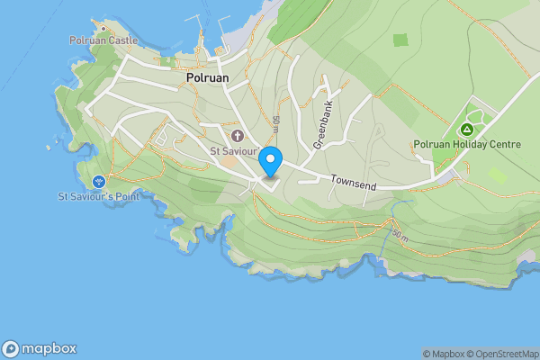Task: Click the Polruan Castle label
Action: [103, 40]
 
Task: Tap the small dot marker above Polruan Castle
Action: [103, 28]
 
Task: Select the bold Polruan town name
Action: [208, 78]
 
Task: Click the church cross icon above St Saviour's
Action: [238, 136]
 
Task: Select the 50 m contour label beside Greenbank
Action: [275, 124]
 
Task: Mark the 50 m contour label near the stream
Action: [400, 237]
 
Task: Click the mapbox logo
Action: [39, 348]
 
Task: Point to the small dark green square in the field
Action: [400, 40]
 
